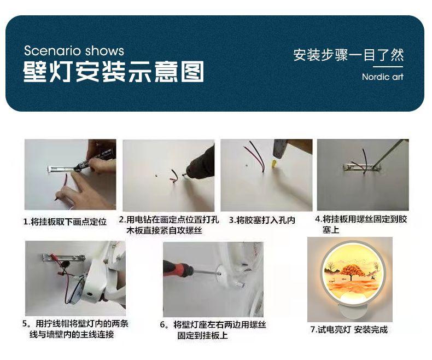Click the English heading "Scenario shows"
coord(74,51)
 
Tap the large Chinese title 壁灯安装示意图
coord(114,72)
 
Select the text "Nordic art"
coord(383,77)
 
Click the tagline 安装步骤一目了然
coord(348,55)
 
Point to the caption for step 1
coord(65,222)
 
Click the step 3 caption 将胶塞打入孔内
coord(262,220)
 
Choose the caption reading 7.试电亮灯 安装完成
coord(349,329)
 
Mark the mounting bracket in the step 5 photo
coord(63,258)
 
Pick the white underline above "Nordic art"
coord(388,67)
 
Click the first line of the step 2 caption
coord(169,220)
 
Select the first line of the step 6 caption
coord(213,325)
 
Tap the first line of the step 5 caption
coord(75,323)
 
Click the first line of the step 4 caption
coord(361,219)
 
